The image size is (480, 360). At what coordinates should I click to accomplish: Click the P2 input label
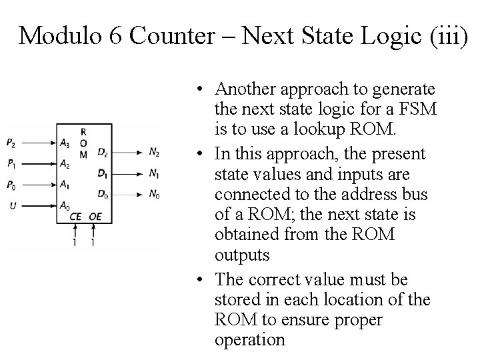(11, 142)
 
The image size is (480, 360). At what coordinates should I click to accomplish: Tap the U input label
(11, 207)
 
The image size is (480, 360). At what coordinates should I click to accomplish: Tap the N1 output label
(154, 174)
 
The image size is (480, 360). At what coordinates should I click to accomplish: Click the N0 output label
(154, 195)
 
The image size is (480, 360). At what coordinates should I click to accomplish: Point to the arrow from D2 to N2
(127, 153)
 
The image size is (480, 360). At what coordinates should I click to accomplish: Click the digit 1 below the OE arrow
(93, 243)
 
